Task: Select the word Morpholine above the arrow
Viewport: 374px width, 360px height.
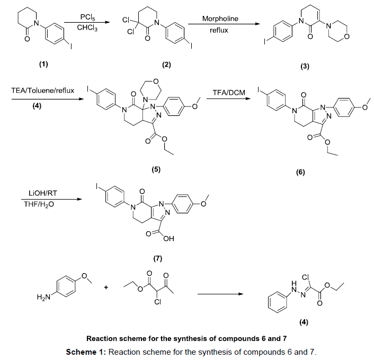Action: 220,19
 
